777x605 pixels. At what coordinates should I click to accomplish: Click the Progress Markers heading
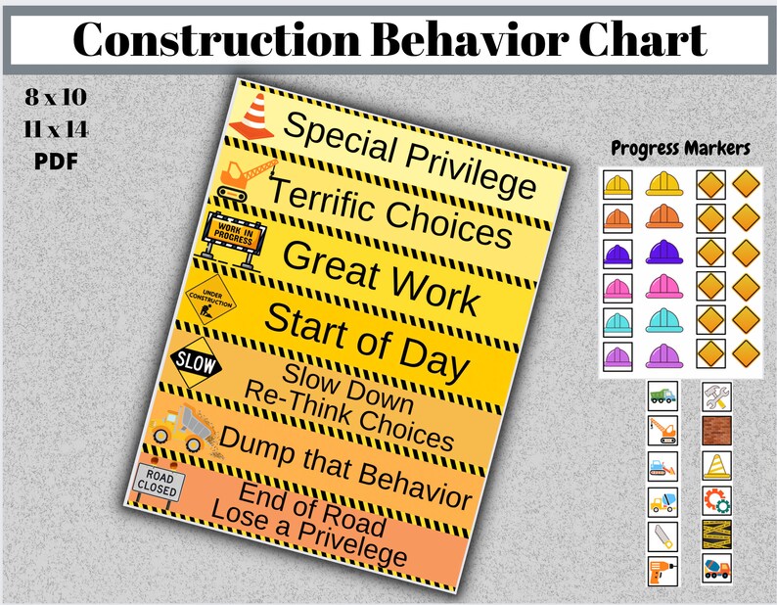[x=680, y=149]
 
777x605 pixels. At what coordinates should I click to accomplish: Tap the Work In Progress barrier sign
[x=232, y=236]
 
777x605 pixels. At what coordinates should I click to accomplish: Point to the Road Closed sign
[x=156, y=479]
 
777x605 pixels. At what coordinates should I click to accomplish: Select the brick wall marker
[x=716, y=430]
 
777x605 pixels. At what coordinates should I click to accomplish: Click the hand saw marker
[x=662, y=535]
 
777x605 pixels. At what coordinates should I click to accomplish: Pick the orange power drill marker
[x=662, y=571]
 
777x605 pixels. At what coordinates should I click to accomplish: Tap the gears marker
[x=716, y=500]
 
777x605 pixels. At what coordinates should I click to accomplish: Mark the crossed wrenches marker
[x=716, y=395]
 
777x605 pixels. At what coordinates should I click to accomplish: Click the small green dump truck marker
[x=662, y=395]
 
